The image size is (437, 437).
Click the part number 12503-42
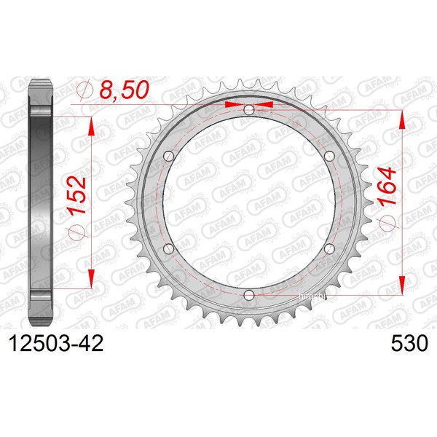[x=56, y=343]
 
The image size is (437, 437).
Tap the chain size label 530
[x=409, y=343]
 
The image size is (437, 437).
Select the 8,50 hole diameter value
[x=125, y=90]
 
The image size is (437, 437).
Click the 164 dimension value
[x=387, y=186]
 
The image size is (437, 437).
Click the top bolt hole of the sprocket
[x=249, y=109]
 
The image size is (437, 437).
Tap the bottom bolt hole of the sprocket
[x=249, y=295]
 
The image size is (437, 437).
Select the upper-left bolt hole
[x=169, y=156]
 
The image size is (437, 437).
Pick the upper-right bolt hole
[x=329, y=156]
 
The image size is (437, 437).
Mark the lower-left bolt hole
[x=169, y=248]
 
